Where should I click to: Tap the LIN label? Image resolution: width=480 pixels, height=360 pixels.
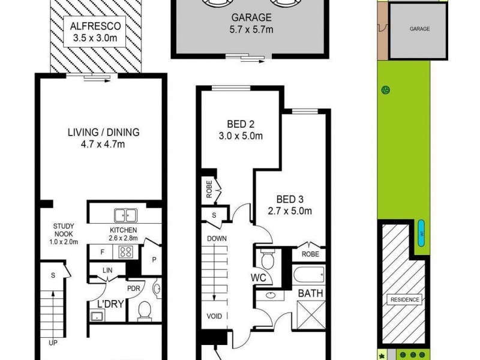click(109, 271)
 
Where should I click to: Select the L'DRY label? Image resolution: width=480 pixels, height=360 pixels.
click(107, 304)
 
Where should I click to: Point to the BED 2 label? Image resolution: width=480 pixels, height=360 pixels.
click(239, 125)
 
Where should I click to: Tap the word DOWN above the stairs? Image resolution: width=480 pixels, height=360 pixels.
click(217, 239)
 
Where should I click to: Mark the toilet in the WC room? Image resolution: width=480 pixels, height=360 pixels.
click(268, 259)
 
